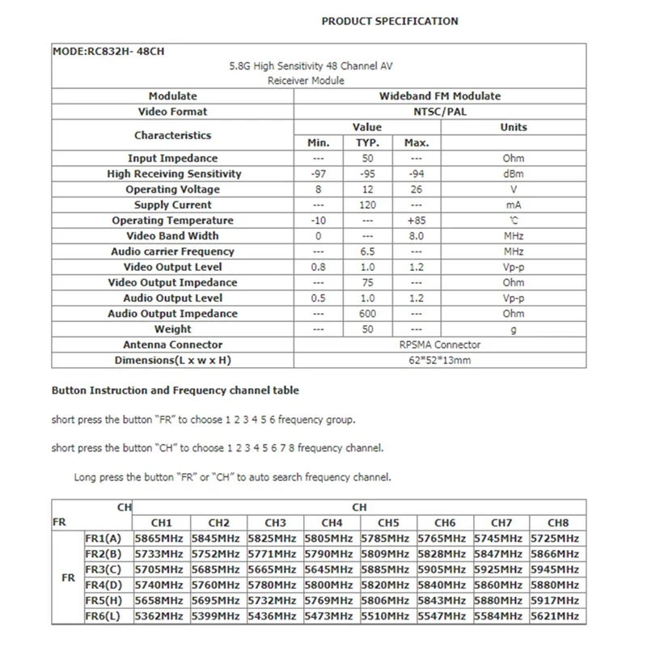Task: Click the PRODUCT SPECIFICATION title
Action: [x=389, y=21]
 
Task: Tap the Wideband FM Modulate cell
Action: [x=440, y=96]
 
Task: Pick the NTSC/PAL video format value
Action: [x=440, y=112]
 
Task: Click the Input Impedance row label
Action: [x=172, y=159]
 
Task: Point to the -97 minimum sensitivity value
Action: [x=319, y=174]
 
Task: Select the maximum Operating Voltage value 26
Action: [x=416, y=189]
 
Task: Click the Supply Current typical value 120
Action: [x=367, y=205]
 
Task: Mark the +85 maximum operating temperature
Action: [x=416, y=221]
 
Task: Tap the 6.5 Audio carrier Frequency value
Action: [x=367, y=252]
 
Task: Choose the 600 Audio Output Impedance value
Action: [x=367, y=314]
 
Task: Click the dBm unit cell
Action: [x=513, y=174]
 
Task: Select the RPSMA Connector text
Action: [x=440, y=345]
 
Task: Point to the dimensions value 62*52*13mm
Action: [x=440, y=360]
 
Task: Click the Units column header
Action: [x=513, y=127]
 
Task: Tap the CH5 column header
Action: [x=388, y=522]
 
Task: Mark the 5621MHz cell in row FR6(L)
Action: [x=555, y=615]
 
